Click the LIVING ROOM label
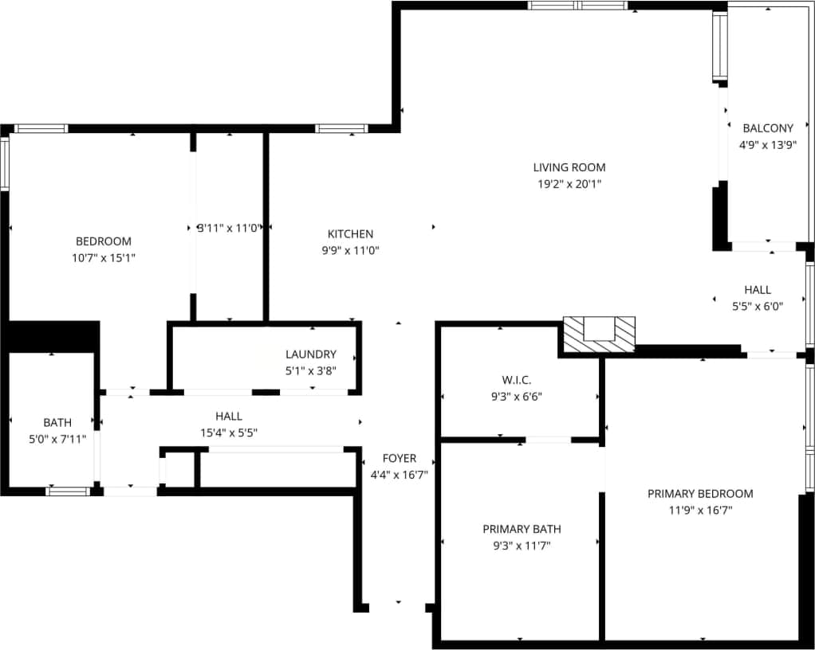569,167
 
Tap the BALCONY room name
767,128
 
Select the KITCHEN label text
350,234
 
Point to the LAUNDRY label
311,354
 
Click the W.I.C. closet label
517,379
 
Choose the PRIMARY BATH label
522,529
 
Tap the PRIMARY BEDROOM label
700,494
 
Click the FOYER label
400,458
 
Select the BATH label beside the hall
57,422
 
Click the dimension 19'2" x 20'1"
569,184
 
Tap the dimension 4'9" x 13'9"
767,145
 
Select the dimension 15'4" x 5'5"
229,433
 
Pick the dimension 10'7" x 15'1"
104,257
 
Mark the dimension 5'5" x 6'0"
758,306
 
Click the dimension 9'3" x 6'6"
517,395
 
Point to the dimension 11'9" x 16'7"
700,510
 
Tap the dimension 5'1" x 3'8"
311,370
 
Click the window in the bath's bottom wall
68,491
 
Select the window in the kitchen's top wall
341,128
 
